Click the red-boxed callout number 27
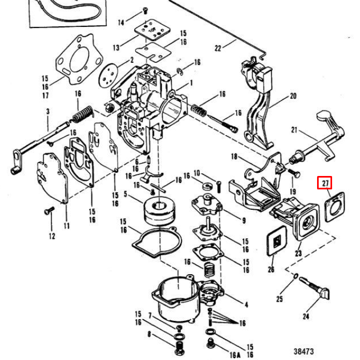325,183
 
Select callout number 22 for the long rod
218,48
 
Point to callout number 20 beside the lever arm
293,97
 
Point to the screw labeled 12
49,211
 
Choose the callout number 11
67,226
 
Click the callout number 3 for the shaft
47,112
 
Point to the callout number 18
233,156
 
